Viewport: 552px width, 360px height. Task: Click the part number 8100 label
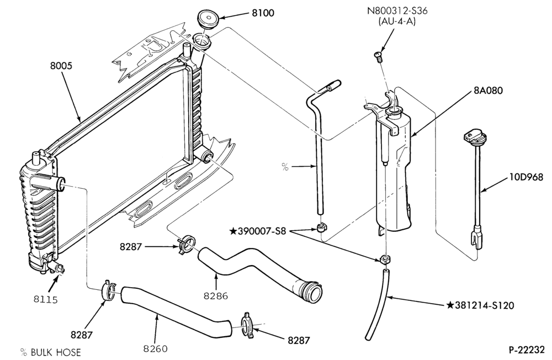(x=263, y=13)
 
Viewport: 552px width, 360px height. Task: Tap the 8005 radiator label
(x=61, y=66)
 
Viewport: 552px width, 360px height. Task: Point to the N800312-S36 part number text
(x=397, y=10)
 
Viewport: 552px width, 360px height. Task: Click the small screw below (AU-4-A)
(x=378, y=56)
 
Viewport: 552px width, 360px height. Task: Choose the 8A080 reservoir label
(x=488, y=91)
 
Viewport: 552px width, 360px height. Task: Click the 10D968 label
(x=526, y=177)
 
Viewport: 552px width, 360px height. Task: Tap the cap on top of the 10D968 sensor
(x=472, y=136)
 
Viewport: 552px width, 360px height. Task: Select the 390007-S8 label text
(x=262, y=231)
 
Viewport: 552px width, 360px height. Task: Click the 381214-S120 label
(x=485, y=305)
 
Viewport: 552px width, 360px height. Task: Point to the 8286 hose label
(x=216, y=296)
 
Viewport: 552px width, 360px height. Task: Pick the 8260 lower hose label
(x=155, y=349)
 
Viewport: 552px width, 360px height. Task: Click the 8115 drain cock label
(x=46, y=299)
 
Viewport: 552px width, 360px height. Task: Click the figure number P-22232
(x=526, y=350)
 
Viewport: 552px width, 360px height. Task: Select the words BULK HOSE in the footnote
(x=56, y=352)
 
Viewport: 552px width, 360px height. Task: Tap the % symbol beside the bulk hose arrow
(x=285, y=166)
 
